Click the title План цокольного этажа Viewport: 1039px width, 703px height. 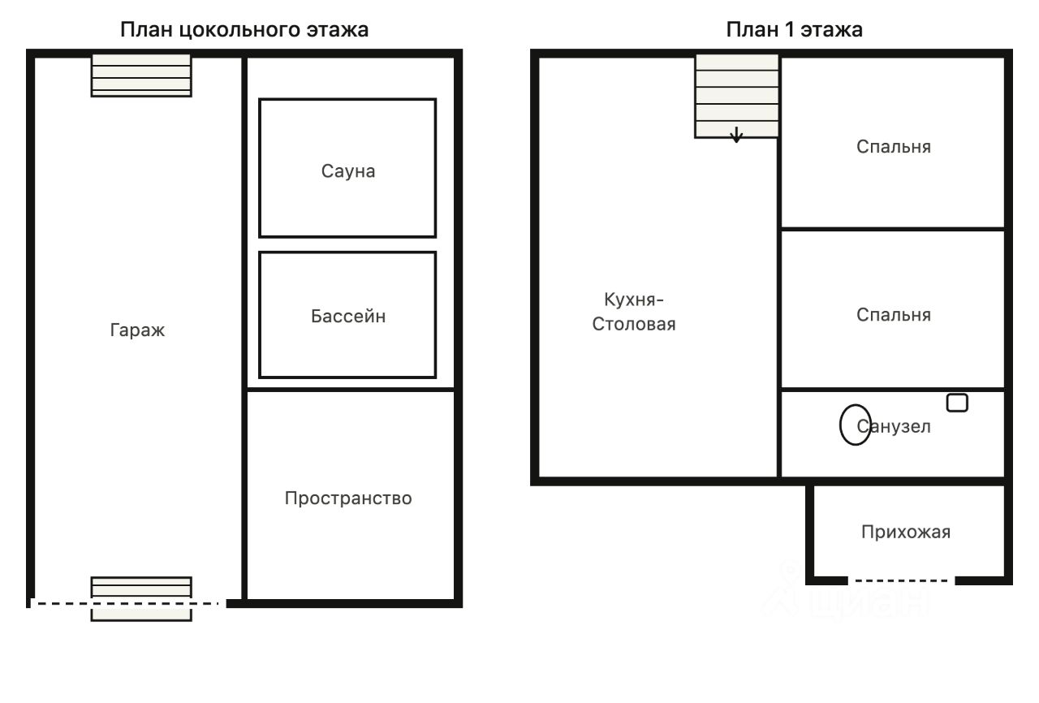(244, 30)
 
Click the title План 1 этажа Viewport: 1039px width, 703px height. (794, 30)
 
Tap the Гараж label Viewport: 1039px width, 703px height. (137, 330)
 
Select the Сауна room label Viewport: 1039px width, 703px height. (348, 171)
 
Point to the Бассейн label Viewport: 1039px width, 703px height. (348, 317)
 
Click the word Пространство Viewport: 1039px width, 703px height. (348, 498)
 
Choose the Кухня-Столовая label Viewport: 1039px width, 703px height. (634, 312)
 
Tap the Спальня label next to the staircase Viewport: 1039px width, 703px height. (894, 147)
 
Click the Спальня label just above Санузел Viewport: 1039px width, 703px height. (894, 315)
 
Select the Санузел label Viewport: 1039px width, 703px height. (894, 427)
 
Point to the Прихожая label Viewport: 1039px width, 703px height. (906, 532)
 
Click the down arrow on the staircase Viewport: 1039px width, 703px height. (736, 135)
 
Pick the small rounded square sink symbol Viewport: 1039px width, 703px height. (957, 403)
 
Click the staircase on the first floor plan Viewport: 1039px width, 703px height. (736, 97)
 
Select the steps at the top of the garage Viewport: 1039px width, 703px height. (141, 75)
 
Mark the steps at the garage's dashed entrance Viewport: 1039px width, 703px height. (141, 599)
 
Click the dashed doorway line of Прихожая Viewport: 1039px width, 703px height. (901, 580)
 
